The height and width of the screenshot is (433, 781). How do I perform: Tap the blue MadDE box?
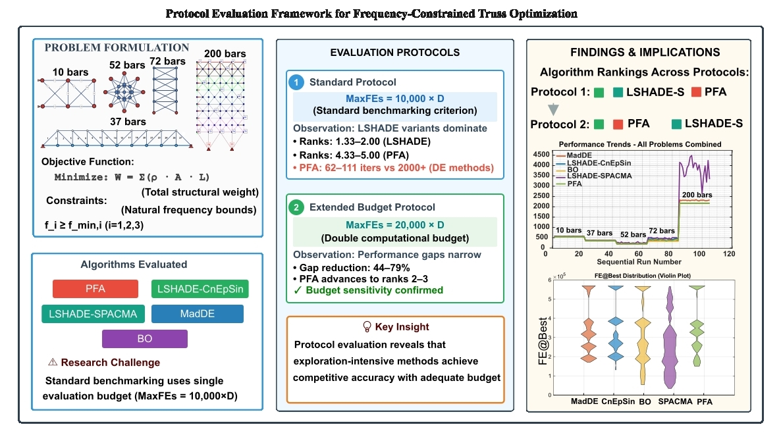(x=197, y=314)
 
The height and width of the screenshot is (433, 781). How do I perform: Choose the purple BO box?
(x=145, y=338)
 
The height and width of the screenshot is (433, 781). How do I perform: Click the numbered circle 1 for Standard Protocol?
(x=296, y=82)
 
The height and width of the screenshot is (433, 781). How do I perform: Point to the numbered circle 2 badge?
(x=296, y=208)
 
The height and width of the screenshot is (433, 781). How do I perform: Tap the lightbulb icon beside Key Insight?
(x=367, y=326)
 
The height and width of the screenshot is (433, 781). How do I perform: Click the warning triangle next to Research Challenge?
(x=53, y=362)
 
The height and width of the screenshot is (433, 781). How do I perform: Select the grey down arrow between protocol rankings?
(x=552, y=108)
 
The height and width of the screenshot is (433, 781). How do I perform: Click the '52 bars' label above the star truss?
(x=126, y=64)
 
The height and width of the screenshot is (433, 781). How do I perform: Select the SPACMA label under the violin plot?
(x=675, y=401)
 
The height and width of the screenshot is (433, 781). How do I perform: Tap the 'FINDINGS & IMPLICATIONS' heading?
(x=645, y=52)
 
